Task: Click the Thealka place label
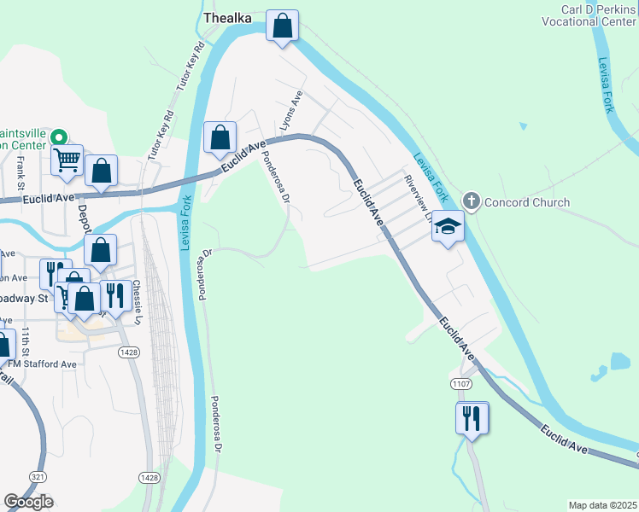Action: coord(226,17)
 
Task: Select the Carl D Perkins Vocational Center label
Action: coord(588,14)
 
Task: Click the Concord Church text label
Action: coord(526,202)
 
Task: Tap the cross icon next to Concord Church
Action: coord(470,201)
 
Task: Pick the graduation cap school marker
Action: coord(447,227)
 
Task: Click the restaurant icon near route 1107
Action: coord(471,418)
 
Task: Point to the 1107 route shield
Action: coord(462,385)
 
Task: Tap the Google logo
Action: coord(28,502)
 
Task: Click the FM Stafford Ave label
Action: coord(43,364)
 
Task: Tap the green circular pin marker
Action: coord(59,137)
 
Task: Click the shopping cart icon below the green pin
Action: coord(67,159)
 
